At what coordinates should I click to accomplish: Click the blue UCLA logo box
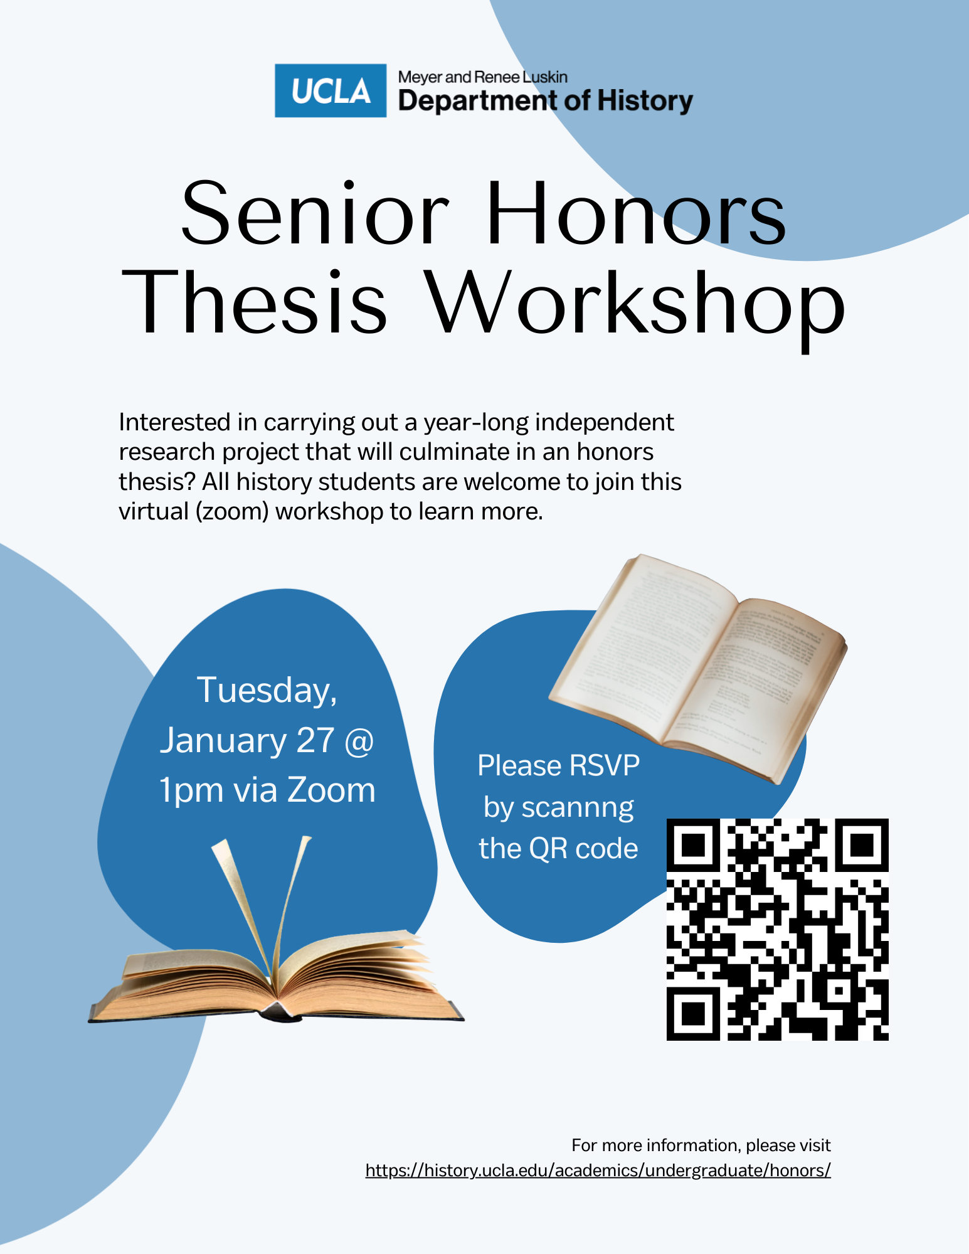pyautogui.click(x=331, y=91)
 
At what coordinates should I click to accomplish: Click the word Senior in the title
pyautogui.click(x=315, y=213)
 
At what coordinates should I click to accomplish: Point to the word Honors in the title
pyautogui.click(x=636, y=213)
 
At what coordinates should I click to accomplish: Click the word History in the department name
pyautogui.click(x=645, y=101)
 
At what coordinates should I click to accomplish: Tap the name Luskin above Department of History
pyautogui.click(x=545, y=77)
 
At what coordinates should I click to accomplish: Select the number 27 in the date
pyautogui.click(x=315, y=740)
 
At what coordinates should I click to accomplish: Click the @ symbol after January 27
pyautogui.click(x=359, y=741)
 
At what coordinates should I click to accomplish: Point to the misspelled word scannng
pyautogui.click(x=578, y=809)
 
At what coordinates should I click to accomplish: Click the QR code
pyautogui.click(x=777, y=929)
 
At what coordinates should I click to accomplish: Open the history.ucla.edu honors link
pyautogui.click(x=598, y=1171)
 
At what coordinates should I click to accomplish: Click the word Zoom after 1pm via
pyautogui.click(x=331, y=790)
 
